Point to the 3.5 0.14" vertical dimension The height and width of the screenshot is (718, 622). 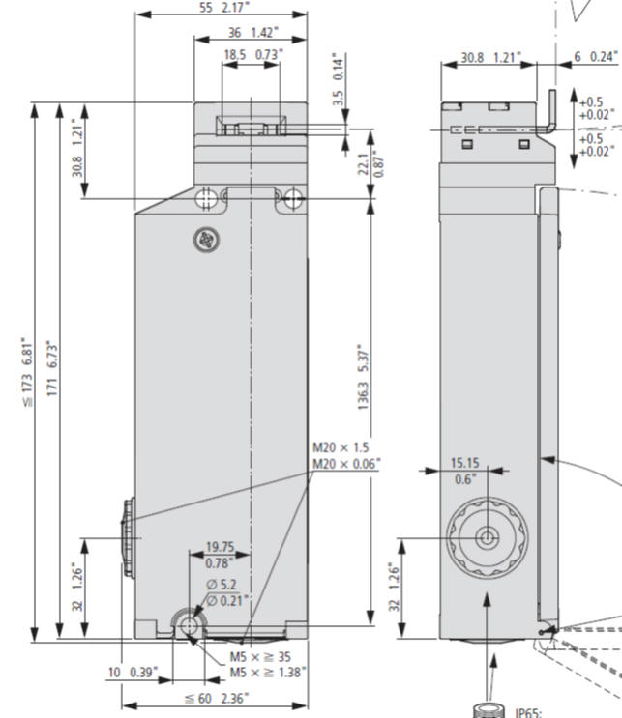[338, 80]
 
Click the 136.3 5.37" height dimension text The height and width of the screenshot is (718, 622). [363, 378]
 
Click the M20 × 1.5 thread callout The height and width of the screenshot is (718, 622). [341, 448]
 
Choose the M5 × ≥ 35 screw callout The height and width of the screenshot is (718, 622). [261, 655]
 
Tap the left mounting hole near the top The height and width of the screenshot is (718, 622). [205, 199]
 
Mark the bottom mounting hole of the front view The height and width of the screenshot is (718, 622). [189, 626]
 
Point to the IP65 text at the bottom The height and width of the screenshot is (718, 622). [530, 712]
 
